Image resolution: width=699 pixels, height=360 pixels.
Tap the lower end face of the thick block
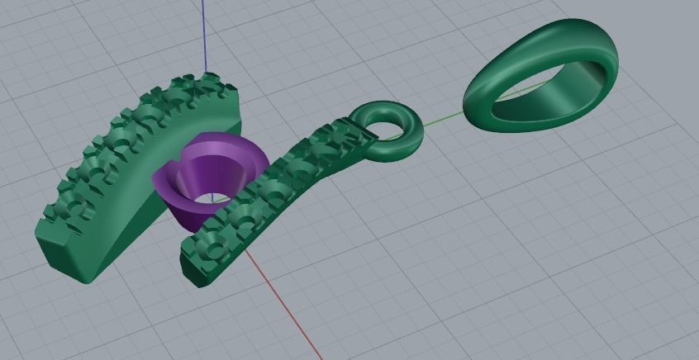coord(62,252)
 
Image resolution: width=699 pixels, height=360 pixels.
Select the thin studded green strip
coord(273,198)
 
